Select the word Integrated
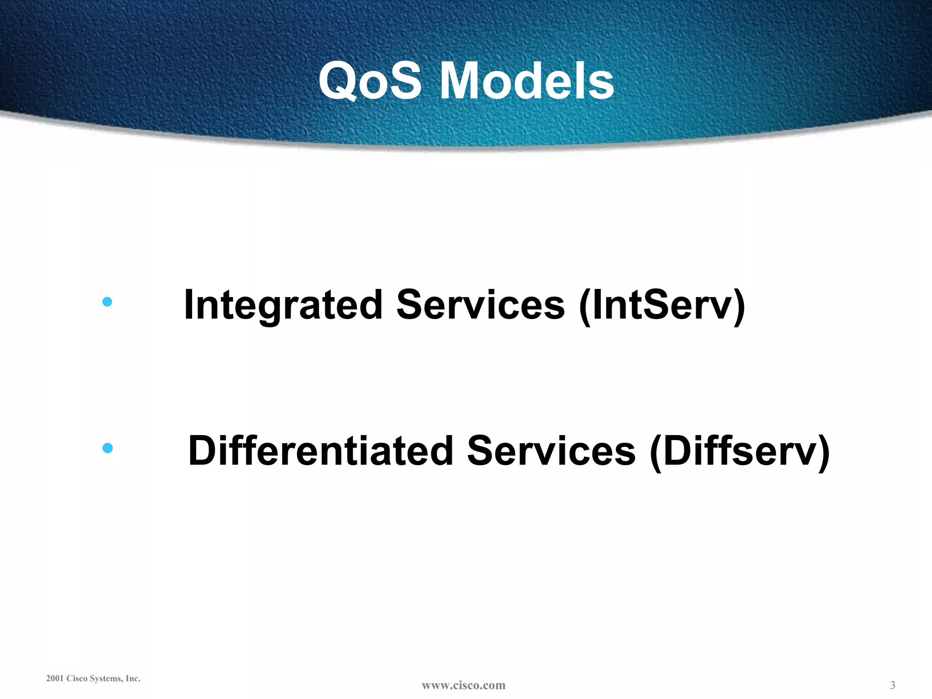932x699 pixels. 283,305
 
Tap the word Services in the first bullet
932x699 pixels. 481,305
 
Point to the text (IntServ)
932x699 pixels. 662,306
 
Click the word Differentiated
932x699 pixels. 321,451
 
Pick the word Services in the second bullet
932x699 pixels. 551,451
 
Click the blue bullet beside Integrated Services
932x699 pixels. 107,302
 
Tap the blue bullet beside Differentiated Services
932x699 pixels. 107,448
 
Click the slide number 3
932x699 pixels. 892,685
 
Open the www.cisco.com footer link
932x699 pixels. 463,685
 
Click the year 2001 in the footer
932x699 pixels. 55,679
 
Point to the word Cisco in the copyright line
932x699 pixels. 77,679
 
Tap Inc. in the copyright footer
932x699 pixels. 133,679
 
